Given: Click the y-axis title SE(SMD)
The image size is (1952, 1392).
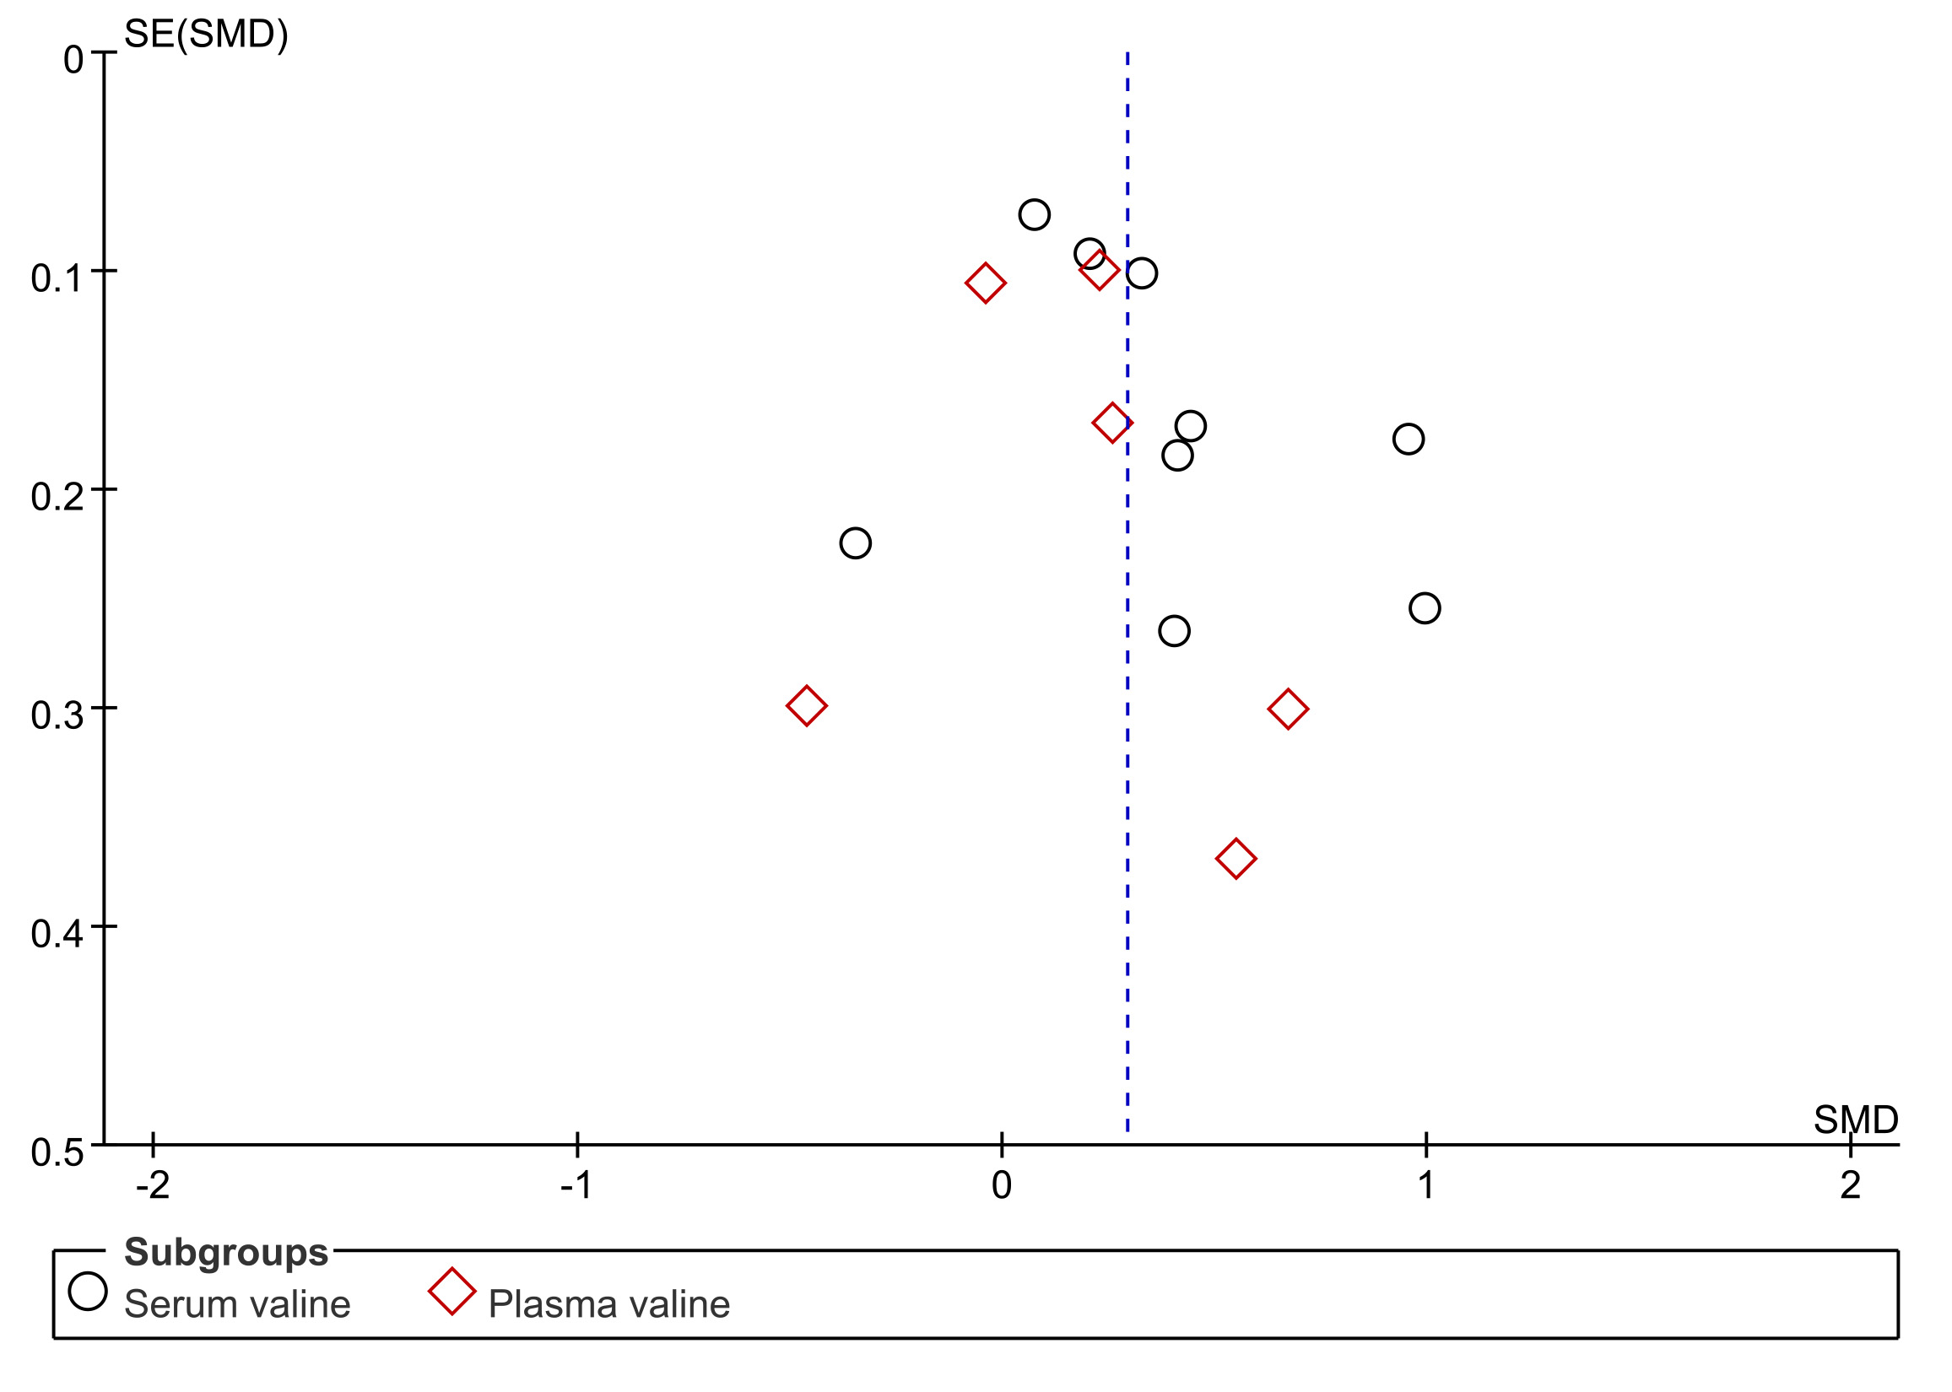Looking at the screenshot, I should point(206,35).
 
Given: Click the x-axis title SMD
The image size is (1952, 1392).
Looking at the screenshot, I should point(1855,1120).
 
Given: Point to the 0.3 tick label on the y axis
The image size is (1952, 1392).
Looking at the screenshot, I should point(57,714).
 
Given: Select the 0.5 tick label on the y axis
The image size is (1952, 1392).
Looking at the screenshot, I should point(57,1152).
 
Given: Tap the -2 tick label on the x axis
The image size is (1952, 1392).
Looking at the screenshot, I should point(153,1186).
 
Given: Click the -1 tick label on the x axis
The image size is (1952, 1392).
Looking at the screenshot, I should point(577,1186).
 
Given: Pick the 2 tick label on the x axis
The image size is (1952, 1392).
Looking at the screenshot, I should point(1851,1186).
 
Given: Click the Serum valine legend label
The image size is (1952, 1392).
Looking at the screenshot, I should point(237,1304).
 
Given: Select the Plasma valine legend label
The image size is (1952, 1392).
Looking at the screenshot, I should point(608,1304).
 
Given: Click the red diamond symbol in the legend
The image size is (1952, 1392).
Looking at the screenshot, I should point(452,1292).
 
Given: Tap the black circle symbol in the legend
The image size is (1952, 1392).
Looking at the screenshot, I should point(89,1291).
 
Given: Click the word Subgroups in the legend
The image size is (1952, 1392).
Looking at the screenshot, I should point(226,1252).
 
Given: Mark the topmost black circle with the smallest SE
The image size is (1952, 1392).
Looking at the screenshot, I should point(1035,214).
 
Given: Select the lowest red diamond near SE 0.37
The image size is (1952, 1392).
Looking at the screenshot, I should point(1236,858).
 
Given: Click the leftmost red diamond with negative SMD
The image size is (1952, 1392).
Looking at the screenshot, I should point(807,705).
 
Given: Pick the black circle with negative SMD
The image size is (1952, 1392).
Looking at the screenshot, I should point(856,542).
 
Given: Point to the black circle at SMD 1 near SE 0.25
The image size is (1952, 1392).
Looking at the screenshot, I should point(1425,607).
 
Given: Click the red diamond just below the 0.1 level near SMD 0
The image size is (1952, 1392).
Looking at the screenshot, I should point(985,283).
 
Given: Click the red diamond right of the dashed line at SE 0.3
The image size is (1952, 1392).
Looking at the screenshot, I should point(1288,709).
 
